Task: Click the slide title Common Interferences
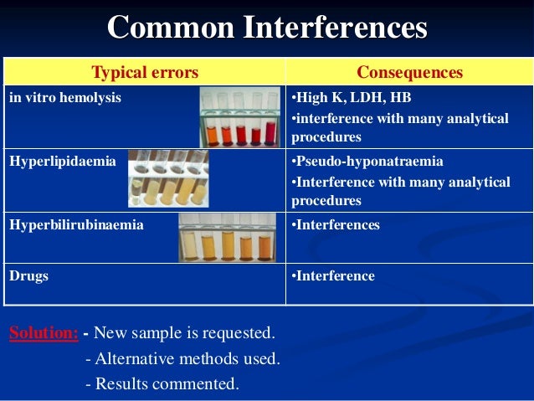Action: click(x=267, y=28)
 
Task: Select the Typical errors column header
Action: click(x=145, y=73)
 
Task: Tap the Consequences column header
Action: click(x=409, y=73)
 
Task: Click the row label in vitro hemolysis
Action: click(x=64, y=98)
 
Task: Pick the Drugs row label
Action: click(x=28, y=275)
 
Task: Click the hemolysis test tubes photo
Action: click(x=240, y=117)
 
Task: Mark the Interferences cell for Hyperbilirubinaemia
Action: click(x=335, y=225)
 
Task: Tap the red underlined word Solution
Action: click(x=44, y=333)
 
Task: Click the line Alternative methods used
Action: click(x=182, y=359)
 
